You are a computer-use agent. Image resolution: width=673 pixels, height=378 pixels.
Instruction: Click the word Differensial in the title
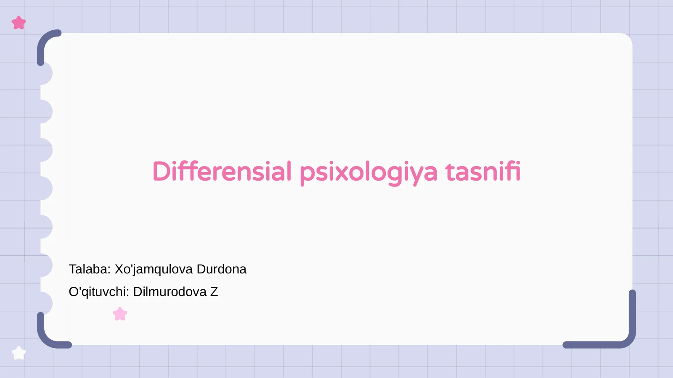coord(222,171)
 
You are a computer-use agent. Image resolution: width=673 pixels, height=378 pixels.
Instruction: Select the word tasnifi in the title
coord(482,171)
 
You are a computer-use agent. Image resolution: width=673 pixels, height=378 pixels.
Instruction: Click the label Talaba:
coord(90,269)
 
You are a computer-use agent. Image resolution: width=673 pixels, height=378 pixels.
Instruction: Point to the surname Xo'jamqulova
coord(154,270)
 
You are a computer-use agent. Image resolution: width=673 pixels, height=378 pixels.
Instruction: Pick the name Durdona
coord(221,269)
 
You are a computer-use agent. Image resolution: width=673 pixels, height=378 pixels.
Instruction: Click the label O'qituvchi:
coord(99,292)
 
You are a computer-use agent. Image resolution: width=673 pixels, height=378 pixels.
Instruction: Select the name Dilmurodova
coord(170,292)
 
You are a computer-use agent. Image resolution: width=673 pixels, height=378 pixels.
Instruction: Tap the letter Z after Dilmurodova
coord(214,292)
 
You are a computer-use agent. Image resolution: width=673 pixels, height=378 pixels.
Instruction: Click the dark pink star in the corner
coord(19,23)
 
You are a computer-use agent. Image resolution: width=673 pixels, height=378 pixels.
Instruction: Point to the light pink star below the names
coord(120,314)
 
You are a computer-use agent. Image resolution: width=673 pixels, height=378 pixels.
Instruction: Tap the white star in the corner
coord(19,353)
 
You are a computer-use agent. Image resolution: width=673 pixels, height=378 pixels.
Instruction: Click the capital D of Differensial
coord(162,171)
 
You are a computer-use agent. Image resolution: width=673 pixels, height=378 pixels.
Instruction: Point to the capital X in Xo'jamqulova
coord(119,269)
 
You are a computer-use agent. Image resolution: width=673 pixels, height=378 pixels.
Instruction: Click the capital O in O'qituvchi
coord(74,292)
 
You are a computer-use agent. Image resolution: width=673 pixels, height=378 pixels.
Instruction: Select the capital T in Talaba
coord(73,269)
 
